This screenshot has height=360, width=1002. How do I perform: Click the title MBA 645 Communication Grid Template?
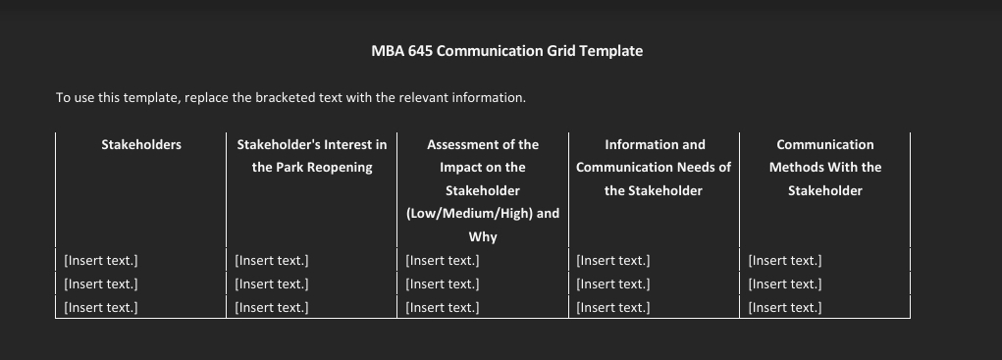(x=506, y=51)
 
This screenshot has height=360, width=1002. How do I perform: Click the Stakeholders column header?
(x=141, y=144)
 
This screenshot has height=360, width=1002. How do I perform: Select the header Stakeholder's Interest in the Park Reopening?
(x=312, y=156)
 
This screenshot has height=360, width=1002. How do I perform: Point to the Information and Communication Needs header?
(x=654, y=167)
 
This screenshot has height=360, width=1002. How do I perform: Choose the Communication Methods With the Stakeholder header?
(x=824, y=167)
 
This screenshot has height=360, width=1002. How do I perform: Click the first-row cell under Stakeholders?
(x=100, y=261)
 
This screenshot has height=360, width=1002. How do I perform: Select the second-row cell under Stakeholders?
(x=100, y=284)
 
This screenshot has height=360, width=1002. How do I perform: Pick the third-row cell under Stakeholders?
(x=100, y=308)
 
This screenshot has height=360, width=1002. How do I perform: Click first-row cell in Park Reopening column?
(x=272, y=261)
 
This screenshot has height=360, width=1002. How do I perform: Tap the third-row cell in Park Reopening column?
(x=272, y=308)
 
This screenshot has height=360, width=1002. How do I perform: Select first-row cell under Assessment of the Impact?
(x=443, y=261)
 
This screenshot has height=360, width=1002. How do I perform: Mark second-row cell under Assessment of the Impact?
(x=443, y=284)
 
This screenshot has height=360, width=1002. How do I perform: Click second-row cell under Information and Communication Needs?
(x=613, y=284)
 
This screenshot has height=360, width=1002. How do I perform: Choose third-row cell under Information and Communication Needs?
(x=613, y=308)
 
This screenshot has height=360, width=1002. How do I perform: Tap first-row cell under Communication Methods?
(x=784, y=261)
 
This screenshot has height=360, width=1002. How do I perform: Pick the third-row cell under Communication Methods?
(x=784, y=308)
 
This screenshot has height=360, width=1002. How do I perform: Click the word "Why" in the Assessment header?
(x=483, y=237)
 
